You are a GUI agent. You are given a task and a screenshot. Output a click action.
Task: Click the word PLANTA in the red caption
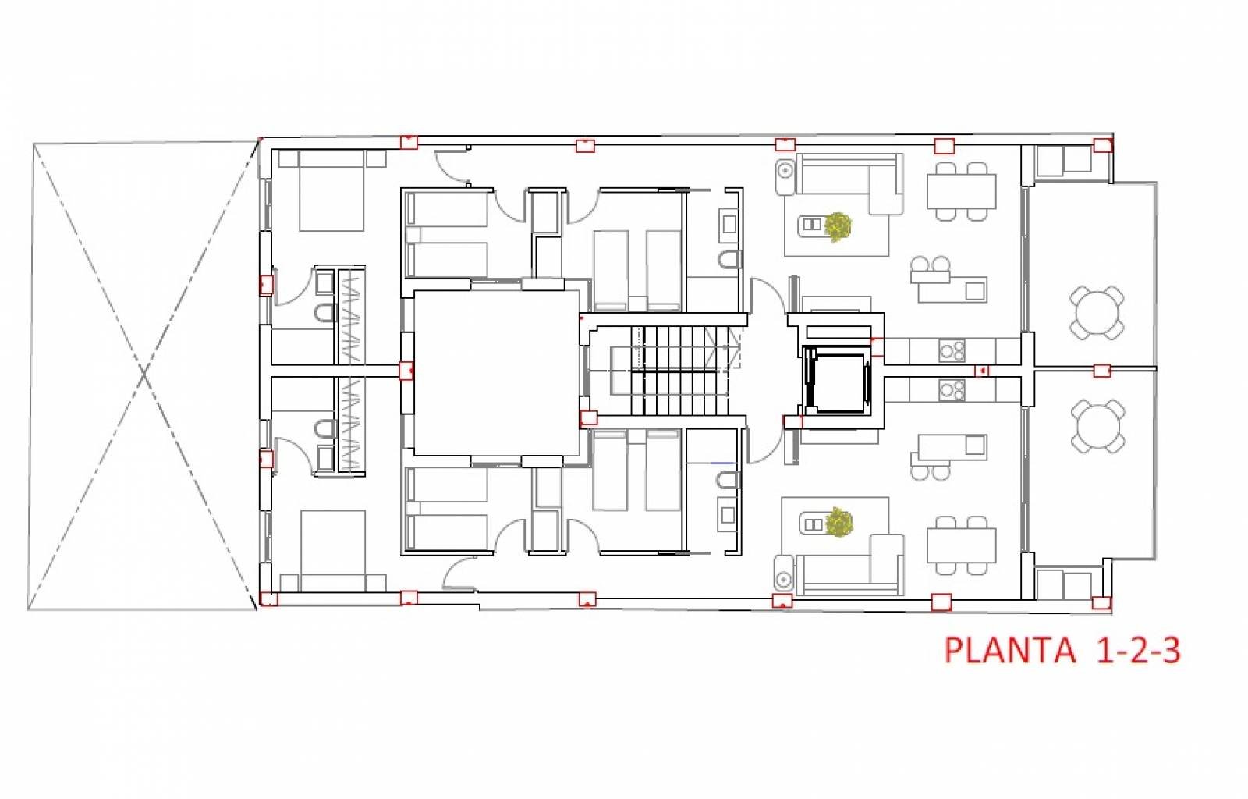(1009, 649)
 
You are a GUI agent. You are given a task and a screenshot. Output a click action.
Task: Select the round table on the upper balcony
(1097, 313)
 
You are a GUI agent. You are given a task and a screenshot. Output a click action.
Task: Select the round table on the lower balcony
(1097, 426)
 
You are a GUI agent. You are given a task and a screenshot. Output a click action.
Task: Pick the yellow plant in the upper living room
(838, 226)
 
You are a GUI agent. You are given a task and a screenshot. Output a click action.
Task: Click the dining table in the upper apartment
(961, 191)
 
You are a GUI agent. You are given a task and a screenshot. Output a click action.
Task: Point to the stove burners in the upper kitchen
(952, 350)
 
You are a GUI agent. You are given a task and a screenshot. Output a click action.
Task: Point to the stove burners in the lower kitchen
(952, 389)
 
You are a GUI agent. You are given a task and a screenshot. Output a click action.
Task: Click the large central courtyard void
(496, 373)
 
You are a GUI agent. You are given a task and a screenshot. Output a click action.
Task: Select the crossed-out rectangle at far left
(144, 375)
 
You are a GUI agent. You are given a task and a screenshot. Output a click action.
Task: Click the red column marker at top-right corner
(1102, 145)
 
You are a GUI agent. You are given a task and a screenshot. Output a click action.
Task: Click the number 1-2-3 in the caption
(1138, 649)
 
